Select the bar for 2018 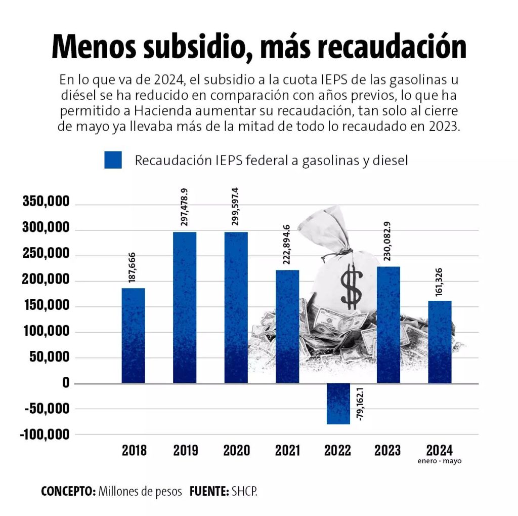coord(134,335)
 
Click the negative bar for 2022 coord(338,404)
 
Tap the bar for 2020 coord(236,307)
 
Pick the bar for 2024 coord(440,342)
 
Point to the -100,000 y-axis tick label coord(45,435)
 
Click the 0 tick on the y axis coord(66,383)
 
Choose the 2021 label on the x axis coord(287,450)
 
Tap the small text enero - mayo coord(440,461)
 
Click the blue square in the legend coord(113,160)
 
